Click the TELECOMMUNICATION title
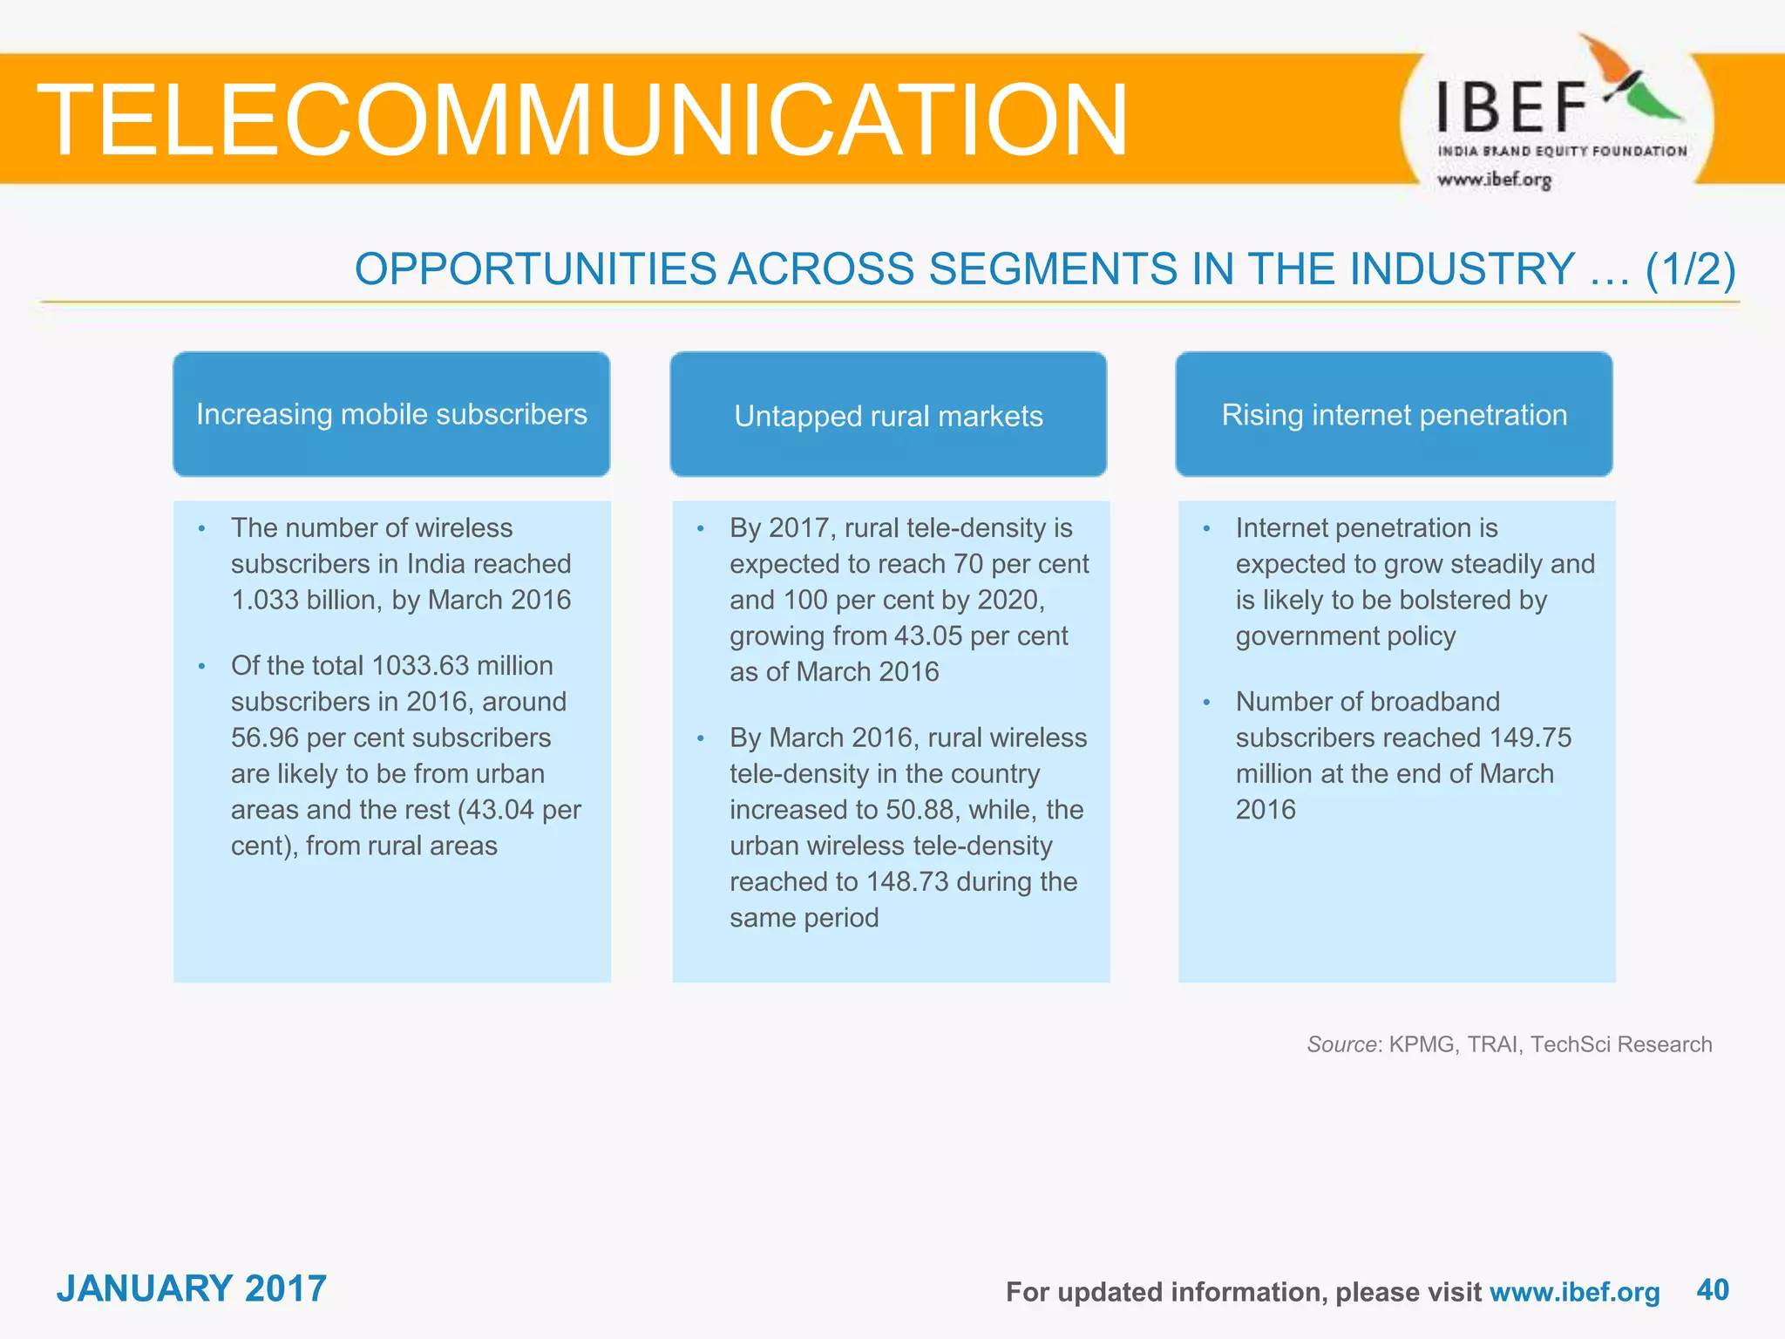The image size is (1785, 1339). [x=582, y=120]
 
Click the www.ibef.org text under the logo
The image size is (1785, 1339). [x=1494, y=180]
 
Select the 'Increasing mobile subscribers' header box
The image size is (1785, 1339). [x=391, y=414]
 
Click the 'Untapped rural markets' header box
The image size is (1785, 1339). [x=888, y=415]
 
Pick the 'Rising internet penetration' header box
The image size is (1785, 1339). [x=1394, y=415]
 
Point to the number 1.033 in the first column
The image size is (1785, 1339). [x=267, y=600]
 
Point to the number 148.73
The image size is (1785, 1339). [x=907, y=881]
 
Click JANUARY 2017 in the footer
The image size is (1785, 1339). [x=192, y=1288]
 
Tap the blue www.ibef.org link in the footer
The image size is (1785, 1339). [x=1574, y=1292]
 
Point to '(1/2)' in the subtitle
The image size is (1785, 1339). [x=1690, y=268]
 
